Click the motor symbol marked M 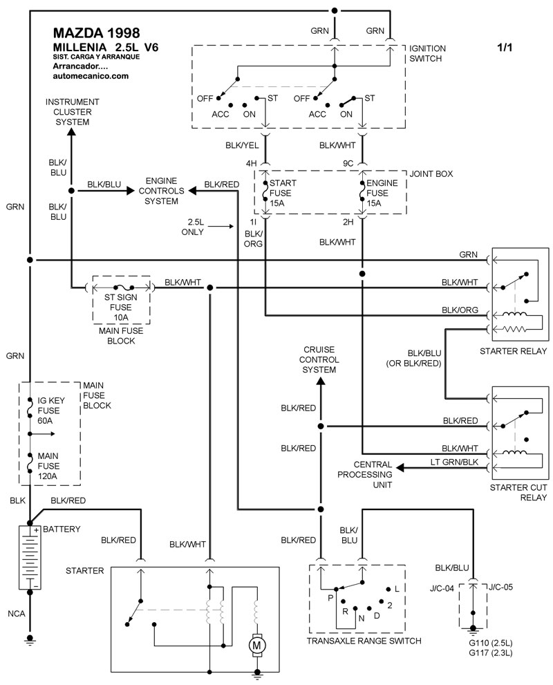(x=257, y=644)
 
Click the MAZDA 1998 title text (x=96, y=33)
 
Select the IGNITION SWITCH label (x=428, y=53)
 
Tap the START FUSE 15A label (x=282, y=192)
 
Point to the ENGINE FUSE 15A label (x=379, y=192)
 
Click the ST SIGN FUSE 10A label (x=121, y=307)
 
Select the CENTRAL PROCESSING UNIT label (x=373, y=475)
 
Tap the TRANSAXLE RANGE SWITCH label (x=364, y=641)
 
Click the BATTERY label (x=62, y=529)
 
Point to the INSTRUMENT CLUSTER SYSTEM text (x=72, y=111)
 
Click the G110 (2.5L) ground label (x=487, y=642)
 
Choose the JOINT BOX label (x=431, y=174)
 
